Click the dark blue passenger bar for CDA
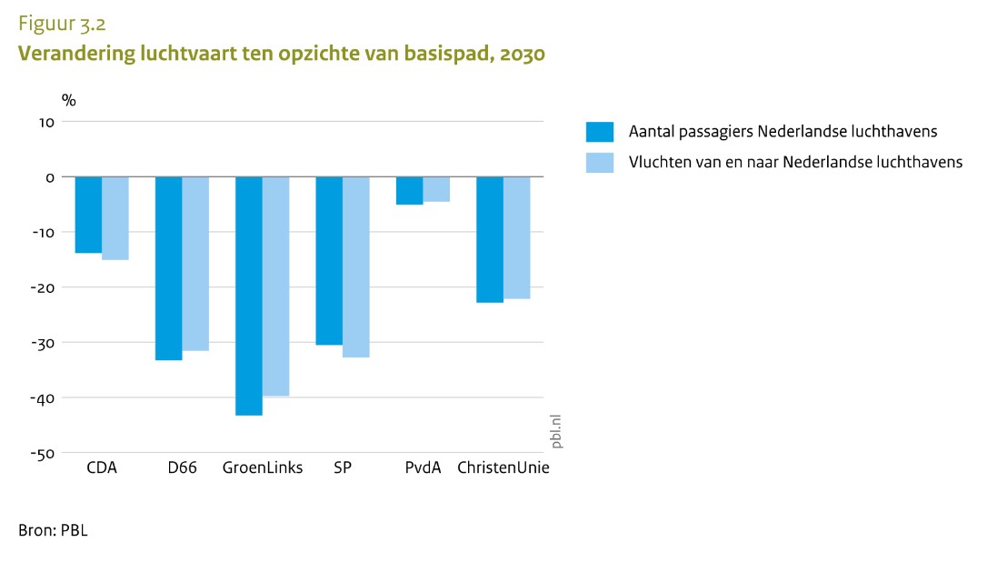click(x=88, y=215)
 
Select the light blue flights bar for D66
click(x=195, y=264)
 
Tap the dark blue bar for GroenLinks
click(x=249, y=296)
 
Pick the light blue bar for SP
click(x=356, y=266)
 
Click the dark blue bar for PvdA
click(x=409, y=191)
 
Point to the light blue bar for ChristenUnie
click(x=516, y=237)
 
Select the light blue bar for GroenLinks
click(x=275, y=287)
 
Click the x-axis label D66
click(x=182, y=469)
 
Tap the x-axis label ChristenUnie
click(x=503, y=469)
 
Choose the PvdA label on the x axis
click(x=423, y=469)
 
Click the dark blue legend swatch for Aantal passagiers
click(x=600, y=133)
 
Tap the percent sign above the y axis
click(x=68, y=100)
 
